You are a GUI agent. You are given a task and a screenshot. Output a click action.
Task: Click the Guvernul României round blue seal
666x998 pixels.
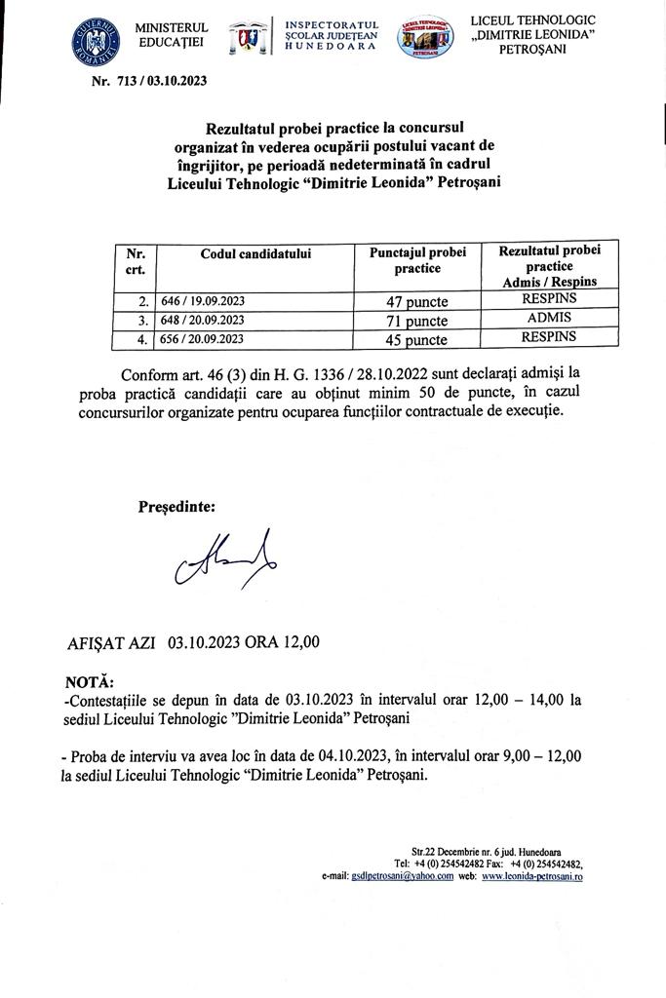pos(94,39)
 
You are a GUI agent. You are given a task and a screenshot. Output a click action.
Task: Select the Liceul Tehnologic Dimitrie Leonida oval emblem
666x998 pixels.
pos(426,38)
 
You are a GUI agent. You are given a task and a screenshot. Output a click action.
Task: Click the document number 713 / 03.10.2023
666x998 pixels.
pos(149,81)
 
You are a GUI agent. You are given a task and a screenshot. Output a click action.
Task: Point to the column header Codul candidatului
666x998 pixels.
pos(255,253)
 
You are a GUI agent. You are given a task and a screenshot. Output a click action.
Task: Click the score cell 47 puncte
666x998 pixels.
pos(417,301)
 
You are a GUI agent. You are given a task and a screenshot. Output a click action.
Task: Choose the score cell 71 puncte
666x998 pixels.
pos(417,321)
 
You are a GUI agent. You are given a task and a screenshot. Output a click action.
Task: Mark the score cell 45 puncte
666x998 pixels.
pos(417,340)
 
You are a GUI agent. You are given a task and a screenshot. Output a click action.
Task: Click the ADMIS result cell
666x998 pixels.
pos(548,318)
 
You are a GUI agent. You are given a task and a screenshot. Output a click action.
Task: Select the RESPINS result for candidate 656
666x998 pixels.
pos(548,337)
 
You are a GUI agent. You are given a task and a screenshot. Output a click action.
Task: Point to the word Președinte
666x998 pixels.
pos(176,507)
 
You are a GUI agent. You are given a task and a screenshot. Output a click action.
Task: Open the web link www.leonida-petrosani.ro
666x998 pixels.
pos(532,877)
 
